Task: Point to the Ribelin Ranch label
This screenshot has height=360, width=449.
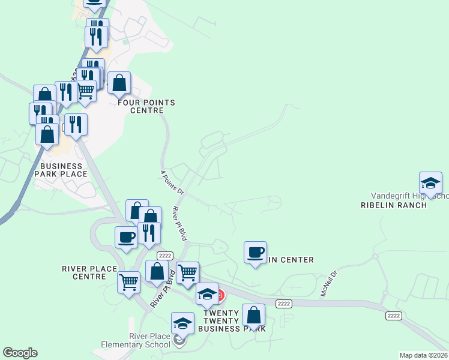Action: coord(393,205)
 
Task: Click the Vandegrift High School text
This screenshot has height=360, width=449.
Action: coord(409,196)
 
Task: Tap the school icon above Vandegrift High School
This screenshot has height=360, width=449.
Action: coord(430,182)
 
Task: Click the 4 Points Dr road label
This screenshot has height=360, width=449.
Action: coord(171,182)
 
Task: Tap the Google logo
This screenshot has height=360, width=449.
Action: coord(20,353)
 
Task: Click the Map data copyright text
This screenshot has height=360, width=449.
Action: coord(424,355)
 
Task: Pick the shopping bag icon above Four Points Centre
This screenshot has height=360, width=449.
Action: coord(120,83)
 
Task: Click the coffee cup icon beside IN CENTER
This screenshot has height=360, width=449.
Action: coord(256,252)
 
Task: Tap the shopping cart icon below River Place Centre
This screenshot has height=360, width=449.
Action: coord(129,282)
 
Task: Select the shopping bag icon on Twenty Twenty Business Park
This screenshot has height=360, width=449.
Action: coord(254,315)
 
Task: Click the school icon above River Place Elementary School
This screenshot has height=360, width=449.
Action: coord(182,323)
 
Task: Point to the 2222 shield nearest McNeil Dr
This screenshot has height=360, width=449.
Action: coord(284,304)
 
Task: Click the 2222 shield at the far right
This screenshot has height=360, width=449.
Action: coord(393,316)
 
